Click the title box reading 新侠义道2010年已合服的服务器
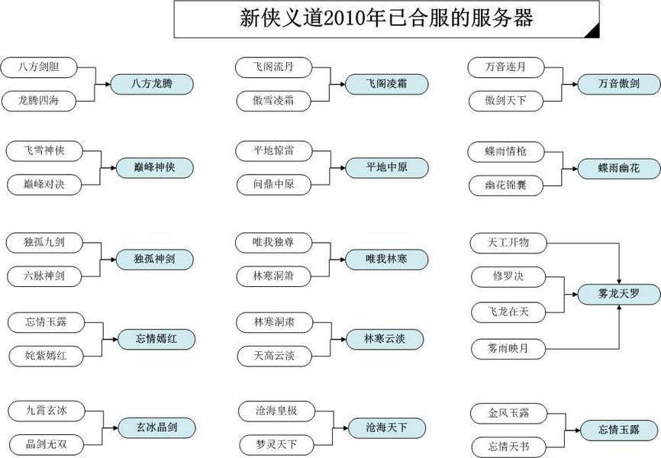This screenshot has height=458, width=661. (x=386, y=19)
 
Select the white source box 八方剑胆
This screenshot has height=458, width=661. (x=39, y=67)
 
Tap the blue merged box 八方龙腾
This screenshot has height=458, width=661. (x=152, y=84)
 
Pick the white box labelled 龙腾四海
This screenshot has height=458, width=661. (x=38, y=102)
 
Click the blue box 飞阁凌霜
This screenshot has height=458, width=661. (x=386, y=84)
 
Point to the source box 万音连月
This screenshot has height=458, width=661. (x=506, y=67)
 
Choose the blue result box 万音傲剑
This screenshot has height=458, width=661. (x=619, y=84)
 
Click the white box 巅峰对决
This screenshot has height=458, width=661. (x=44, y=185)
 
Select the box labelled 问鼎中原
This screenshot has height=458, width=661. (x=273, y=185)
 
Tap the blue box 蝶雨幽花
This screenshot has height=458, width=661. (x=619, y=168)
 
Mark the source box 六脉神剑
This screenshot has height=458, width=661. (x=44, y=276)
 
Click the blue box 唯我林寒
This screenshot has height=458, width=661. (x=386, y=260)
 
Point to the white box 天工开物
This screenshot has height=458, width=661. (x=508, y=243)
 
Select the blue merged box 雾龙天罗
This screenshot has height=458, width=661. (x=619, y=294)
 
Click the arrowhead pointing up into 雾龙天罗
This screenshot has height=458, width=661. (x=619, y=308)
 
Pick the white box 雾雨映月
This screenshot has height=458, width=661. (x=508, y=349)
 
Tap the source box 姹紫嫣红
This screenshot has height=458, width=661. (x=47, y=356)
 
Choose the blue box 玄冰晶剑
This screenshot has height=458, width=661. (x=156, y=428)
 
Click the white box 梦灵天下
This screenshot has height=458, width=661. (x=276, y=445)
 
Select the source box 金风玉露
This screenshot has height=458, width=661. (x=508, y=413)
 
